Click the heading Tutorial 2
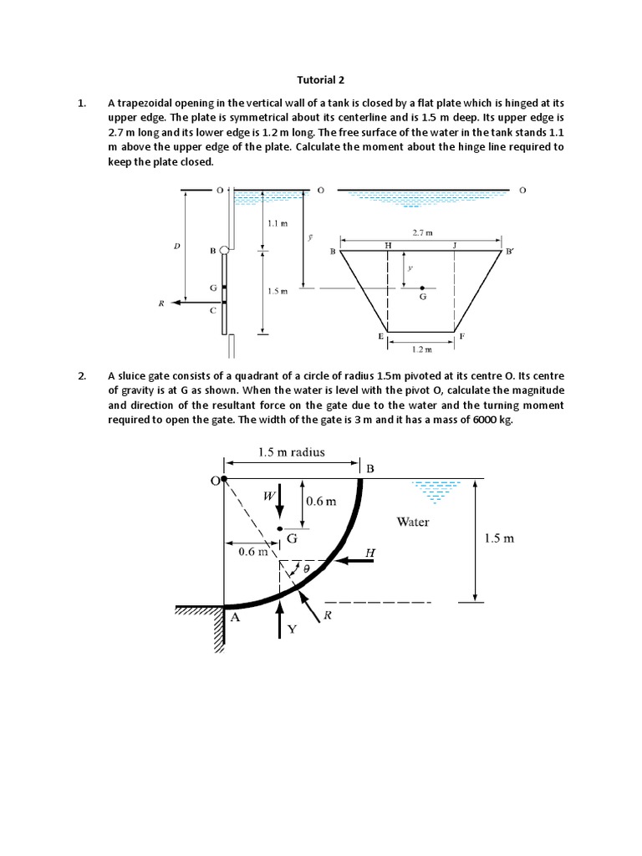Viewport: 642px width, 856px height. pos(321,80)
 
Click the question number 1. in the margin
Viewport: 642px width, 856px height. pos(81,103)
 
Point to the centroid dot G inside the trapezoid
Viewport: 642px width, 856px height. pos(422,288)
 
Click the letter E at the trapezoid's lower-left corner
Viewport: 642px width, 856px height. pos(381,335)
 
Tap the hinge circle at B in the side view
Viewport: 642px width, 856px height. pos(224,249)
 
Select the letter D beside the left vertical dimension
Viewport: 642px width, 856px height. pos(176,246)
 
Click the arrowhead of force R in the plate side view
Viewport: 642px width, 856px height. pos(173,303)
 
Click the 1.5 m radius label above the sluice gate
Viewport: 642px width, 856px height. pos(292,452)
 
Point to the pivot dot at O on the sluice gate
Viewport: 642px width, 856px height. pos(223,479)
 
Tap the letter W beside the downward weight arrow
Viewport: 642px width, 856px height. pos(269,495)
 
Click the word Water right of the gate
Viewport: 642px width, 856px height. pos(413,522)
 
